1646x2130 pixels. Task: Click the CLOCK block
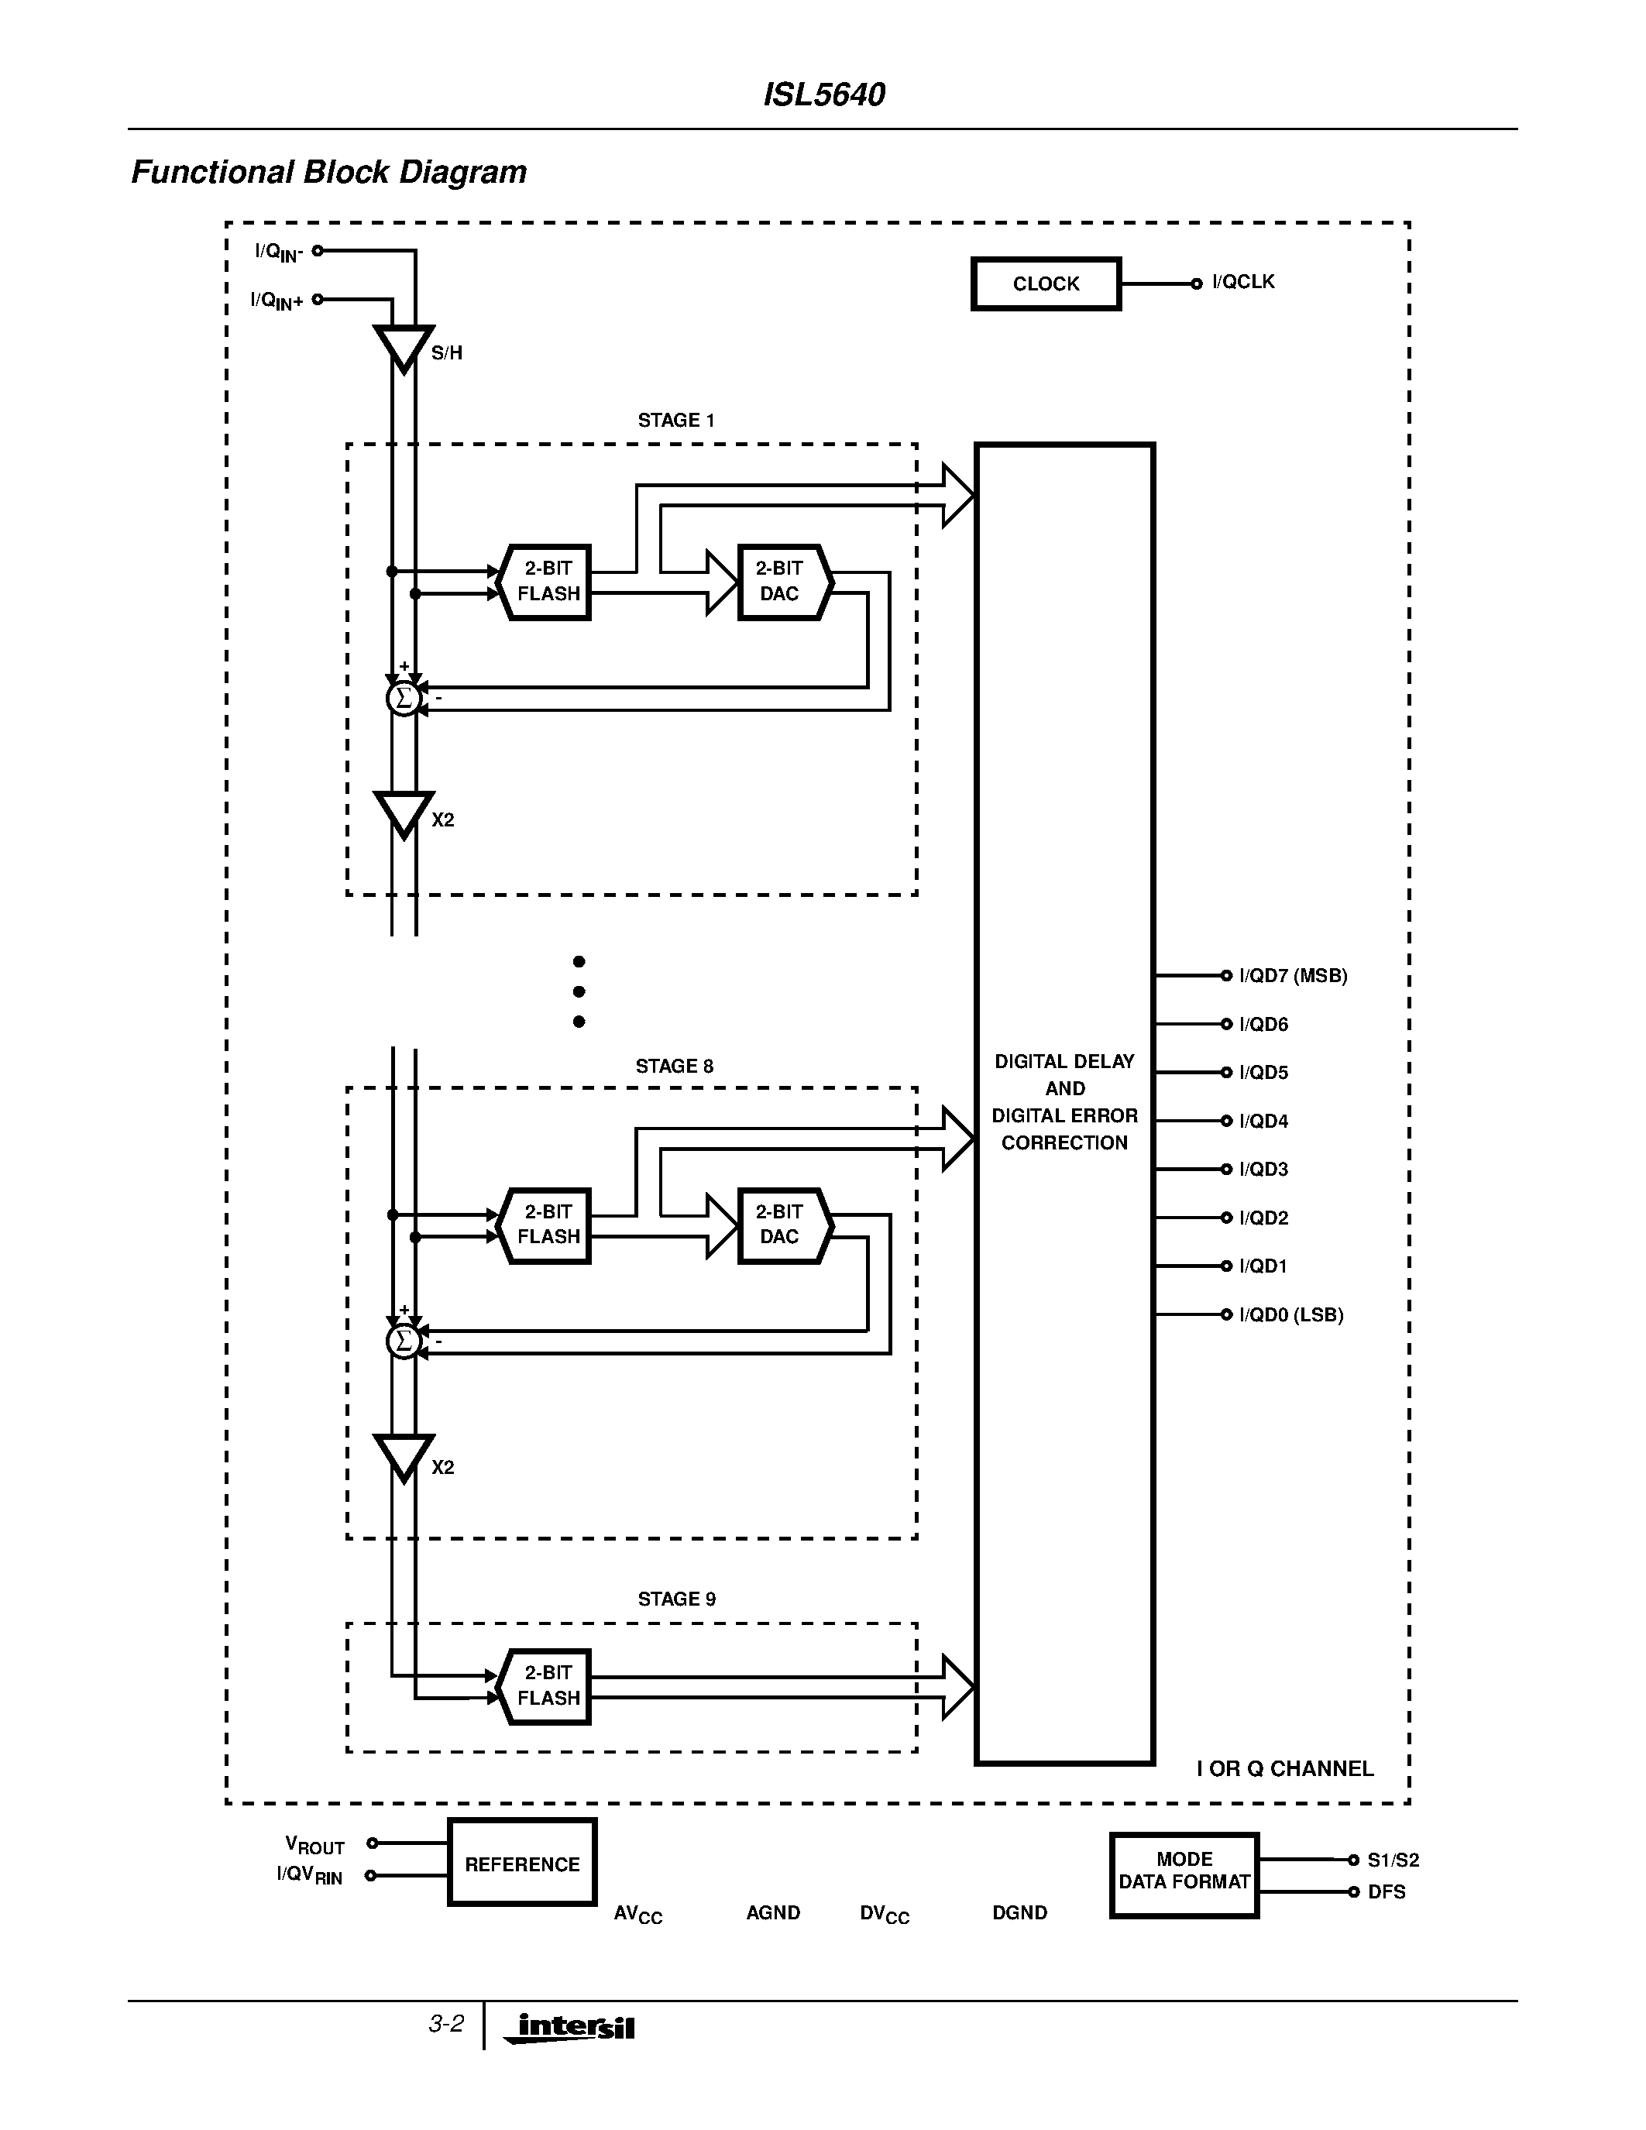pyautogui.click(x=1046, y=283)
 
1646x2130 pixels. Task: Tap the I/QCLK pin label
pyautogui.click(x=1242, y=282)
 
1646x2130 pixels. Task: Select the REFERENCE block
pyautogui.click(x=522, y=1864)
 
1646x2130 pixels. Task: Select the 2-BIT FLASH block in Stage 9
pyautogui.click(x=546, y=1685)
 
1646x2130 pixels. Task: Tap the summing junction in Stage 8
pyautogui.click(x=403, y=1342)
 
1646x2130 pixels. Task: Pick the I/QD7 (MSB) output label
pyautogui.click(x=1292, y=975)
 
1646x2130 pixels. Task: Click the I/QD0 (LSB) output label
pyautogui.click(x=1290, y=1314)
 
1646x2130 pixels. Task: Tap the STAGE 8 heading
pyautogui.click(x=674, y=1066)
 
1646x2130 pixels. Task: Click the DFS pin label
pyautogui.click(x=1386, y=1892)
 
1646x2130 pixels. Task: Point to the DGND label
pyautogui.click(x=1019, y=1912)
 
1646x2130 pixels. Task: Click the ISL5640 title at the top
pyautogui.click(x=823, y=94)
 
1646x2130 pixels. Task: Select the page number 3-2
pyautogui.click(x=445, y=2024)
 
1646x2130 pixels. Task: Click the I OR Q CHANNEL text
pyautogui.click(x=1284, y=1768)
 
